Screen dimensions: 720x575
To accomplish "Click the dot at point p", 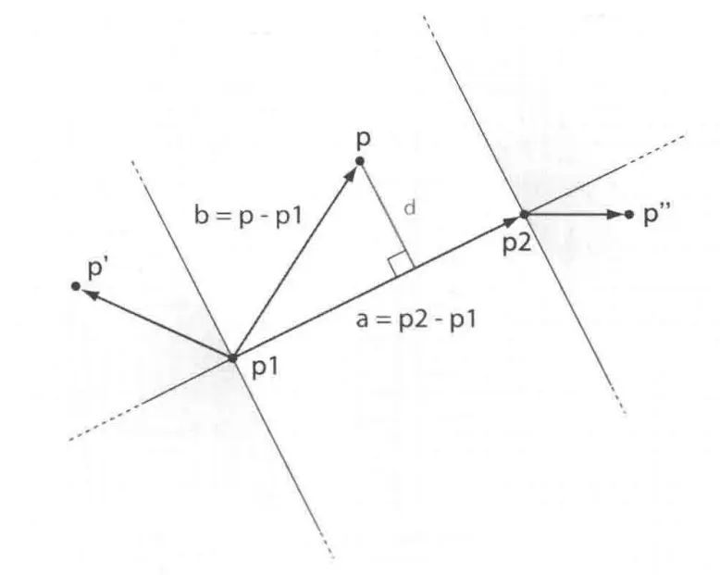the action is [360, 162].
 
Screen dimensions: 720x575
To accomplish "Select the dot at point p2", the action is [523, 214].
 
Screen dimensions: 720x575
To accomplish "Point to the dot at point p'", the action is [75, 286].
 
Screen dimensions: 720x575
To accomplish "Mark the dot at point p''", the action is [629, 214].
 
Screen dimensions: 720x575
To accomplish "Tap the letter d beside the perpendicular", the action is [409, 208].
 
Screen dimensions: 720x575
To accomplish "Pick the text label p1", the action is [265, 369].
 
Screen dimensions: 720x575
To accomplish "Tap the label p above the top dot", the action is [361, 139].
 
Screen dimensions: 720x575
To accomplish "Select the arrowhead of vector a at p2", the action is [510, 220].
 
